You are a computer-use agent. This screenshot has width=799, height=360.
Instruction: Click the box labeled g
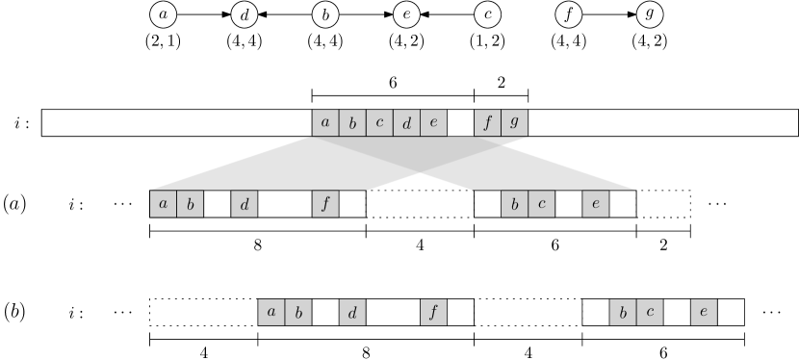click(514, 123)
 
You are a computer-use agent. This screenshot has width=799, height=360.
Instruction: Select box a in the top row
click(325, 123)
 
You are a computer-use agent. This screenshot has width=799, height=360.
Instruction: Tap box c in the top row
click(379, 123)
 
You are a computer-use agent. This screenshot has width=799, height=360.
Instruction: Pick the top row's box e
click(433, 123)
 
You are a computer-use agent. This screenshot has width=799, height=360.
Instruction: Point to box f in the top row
click(487, 123)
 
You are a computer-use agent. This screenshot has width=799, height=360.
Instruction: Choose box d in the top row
click(406, 123)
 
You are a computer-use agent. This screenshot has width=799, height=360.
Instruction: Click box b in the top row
click(352, 123)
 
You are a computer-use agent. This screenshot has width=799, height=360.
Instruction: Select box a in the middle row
click(163, 204)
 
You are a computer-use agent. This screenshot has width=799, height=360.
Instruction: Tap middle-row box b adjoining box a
click(190, 204)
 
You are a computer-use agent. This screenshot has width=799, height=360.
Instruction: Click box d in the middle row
click(245, 204)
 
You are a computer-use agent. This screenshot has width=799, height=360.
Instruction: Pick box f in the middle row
click(325, 204)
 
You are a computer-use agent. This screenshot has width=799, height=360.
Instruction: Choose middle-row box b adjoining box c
click(514, 204)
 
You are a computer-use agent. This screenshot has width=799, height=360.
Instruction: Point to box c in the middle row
click(541, 204)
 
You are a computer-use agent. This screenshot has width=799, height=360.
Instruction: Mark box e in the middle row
click(596, 204)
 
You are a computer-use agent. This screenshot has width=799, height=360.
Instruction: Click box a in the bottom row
click(271, 312)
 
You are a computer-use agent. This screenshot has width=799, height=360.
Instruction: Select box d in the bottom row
click(352, 312)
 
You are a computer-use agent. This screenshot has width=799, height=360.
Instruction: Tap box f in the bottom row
click(433, 312)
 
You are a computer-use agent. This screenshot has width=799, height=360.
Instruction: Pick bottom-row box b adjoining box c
click(623, 312)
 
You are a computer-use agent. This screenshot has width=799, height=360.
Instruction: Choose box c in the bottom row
click(650, 312)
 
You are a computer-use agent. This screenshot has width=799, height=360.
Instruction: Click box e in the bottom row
click(704, 312)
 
